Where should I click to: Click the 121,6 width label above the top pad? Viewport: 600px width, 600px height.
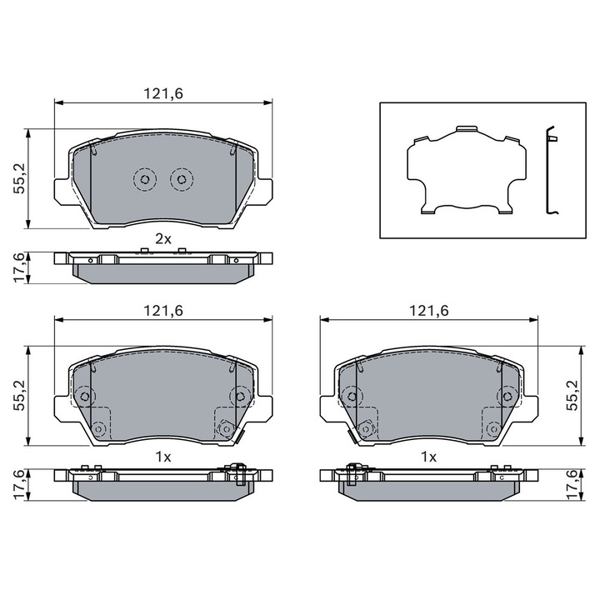[x=163, y=93]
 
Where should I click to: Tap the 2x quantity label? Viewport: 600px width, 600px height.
[x=163, y=239]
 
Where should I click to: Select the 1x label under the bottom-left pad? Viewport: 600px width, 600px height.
[x=163, y=457]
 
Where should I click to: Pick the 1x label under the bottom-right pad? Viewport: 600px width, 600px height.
[x=428, y=457]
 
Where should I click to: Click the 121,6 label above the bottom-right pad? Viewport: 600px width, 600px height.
[x=429, y=311]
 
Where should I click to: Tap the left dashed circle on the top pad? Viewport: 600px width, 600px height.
[x=145, y=179]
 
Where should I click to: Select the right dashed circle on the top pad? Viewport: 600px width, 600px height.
[x=182, y=179]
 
